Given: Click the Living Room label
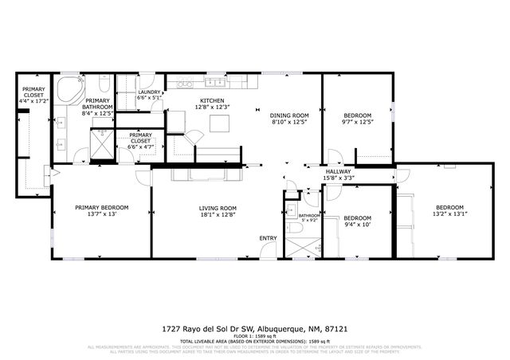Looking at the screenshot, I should [x=218, y=208].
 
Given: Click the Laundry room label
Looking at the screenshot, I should [x=149, y=92].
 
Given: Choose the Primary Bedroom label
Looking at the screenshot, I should [x=101, y=208].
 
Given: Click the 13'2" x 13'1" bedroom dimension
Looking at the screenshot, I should [x=449, y=213].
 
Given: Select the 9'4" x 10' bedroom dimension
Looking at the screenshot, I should [x=357, y=225].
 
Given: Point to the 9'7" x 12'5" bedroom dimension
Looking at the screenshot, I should [x=357, y=121].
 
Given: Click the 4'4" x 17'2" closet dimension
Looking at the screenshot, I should [x=33, y=101].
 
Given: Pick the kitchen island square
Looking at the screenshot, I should [x=218, y=123].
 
